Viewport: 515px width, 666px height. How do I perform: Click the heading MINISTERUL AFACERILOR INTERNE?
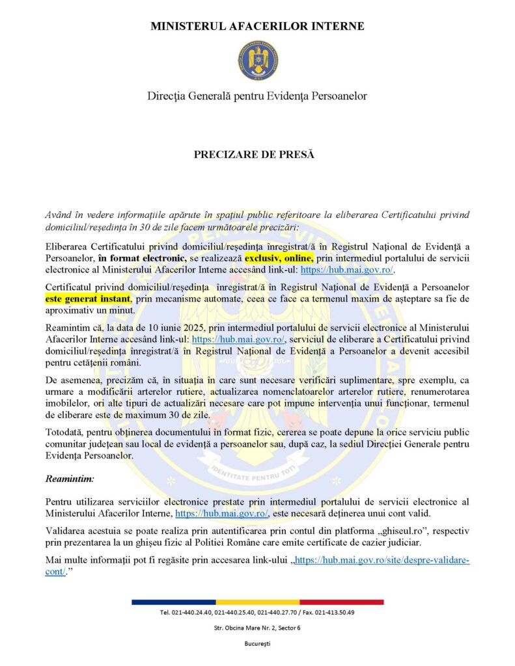(257, 27)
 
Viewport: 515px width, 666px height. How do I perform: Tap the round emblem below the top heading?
(258, 60)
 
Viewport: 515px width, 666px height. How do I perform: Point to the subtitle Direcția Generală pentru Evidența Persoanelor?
(257, 96)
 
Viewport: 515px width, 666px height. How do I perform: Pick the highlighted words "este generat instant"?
(89, 299)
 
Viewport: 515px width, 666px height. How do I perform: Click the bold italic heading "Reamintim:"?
(70, 479)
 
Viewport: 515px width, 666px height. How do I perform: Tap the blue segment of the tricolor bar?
(173, 602)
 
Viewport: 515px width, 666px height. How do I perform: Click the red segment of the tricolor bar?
(341, 602)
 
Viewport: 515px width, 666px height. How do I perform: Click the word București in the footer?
(257, 643)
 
